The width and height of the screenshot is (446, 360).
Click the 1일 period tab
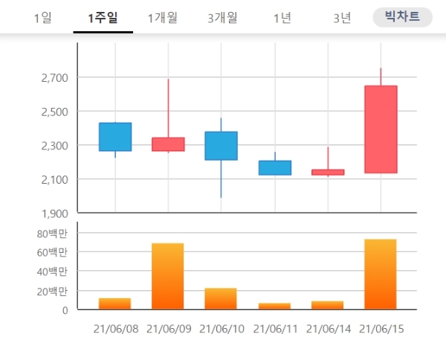(42, 18)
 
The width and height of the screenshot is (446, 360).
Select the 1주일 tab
(103, 18)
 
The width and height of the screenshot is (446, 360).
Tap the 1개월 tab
(162, 18)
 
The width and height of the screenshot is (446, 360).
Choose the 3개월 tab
(223, 18)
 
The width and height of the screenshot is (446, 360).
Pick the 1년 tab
(282, 18)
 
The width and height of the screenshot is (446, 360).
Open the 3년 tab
(342, 18)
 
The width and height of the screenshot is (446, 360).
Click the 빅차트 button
(402, 17)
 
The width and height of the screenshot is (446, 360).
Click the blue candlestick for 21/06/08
(115, 137)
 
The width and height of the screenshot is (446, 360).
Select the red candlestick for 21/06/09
(168, 144)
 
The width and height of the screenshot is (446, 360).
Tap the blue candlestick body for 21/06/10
(221, 146)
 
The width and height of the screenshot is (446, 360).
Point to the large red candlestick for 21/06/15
(381, 129)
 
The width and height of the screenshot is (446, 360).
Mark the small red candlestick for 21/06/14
(328, 172)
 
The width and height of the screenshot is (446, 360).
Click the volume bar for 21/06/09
(168, 276)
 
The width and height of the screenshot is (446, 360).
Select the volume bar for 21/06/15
(381, 274)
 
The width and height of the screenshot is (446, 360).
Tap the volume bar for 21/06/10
(221, 298)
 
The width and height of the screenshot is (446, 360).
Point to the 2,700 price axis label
(51, 77)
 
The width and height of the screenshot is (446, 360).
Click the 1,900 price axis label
(51, 213)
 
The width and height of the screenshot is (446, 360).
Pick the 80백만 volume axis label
(52, 234)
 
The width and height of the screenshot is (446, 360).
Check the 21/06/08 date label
(115, 328)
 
